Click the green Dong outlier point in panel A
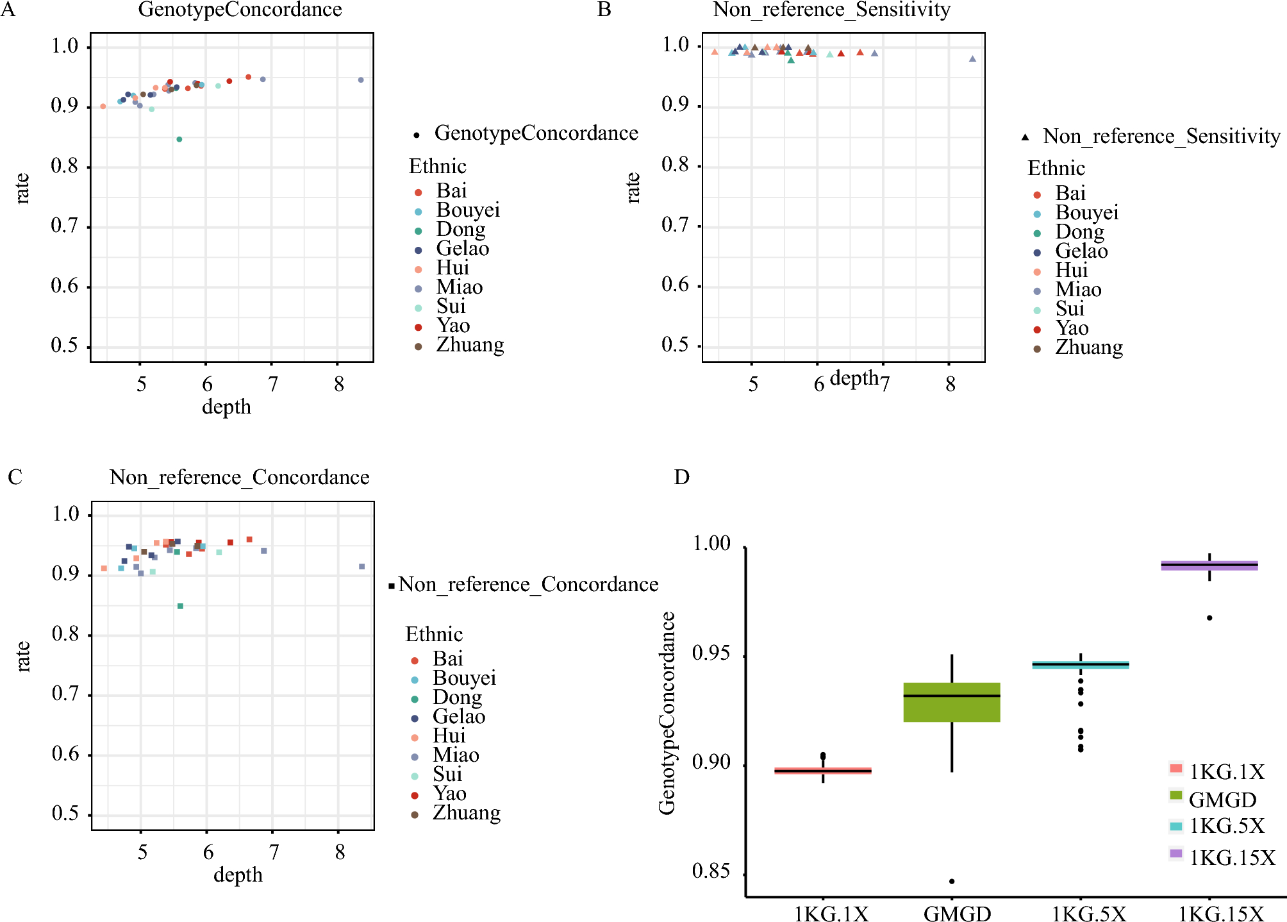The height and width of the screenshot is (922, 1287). coord(179,139)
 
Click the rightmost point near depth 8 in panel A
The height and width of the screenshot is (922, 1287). coord(361,80)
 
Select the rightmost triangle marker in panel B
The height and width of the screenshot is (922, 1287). coord(972,59)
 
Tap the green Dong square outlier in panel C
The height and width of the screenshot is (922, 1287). coord(180,606)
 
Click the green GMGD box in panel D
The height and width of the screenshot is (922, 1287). coord(952,703)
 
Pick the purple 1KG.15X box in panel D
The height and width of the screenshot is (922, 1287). coord(1209,565)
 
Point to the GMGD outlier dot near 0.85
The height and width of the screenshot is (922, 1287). coord(952,881)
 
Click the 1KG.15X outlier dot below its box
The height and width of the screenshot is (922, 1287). coord(1209,618)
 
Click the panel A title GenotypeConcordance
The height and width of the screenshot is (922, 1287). coord(240,10)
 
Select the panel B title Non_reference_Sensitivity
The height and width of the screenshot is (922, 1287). coord(831,10)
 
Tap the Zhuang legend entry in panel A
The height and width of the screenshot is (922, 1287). coord(470,345)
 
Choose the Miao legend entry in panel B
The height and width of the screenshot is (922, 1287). coord(1078,290)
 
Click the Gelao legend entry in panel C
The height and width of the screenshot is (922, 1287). coord(459,717)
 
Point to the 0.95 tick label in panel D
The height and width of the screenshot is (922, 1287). coord(711,654)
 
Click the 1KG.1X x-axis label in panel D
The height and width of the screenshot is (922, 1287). coord(831,913)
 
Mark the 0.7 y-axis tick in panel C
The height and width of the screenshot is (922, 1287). coord(65,694)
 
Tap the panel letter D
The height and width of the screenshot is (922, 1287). coord(681,477)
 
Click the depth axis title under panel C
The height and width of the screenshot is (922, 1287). coord(238,875)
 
